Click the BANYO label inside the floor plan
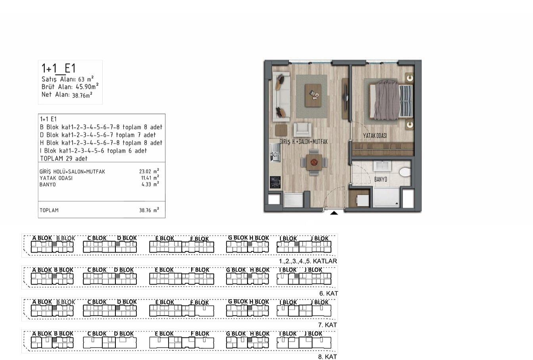[381, 179]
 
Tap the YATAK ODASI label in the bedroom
[375, 136]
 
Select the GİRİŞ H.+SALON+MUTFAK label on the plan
[304, 142]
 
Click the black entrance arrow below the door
[334, 213]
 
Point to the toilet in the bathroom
[405, 172]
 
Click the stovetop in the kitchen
[275, 182]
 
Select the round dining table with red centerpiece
[314, 162]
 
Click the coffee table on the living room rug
[313, 95]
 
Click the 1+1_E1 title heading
[59, 68]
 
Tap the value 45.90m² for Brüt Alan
[87, 87]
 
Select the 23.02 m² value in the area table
[149, 171]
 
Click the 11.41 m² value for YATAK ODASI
[150, 178]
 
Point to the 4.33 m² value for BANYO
[150, 184]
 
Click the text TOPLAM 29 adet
[64, 158]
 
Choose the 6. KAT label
[329, 294]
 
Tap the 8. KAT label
[328, 357]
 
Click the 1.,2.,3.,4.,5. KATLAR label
[308, 261]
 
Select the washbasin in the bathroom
[382, 166]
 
